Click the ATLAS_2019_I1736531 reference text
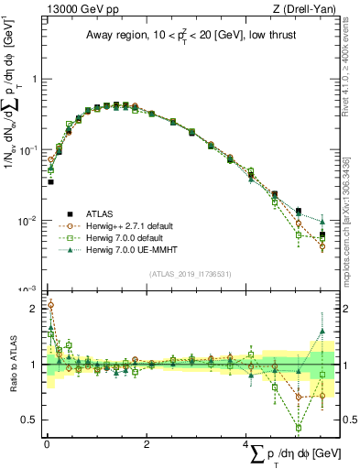(x=189, y=274)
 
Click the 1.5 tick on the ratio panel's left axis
(x=34, y=336)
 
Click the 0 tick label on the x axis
(x=47, y=444)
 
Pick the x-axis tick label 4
(x=247, y=444)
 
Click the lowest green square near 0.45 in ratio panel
(x=298, y=427)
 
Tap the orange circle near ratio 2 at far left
(x=50, y=305)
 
